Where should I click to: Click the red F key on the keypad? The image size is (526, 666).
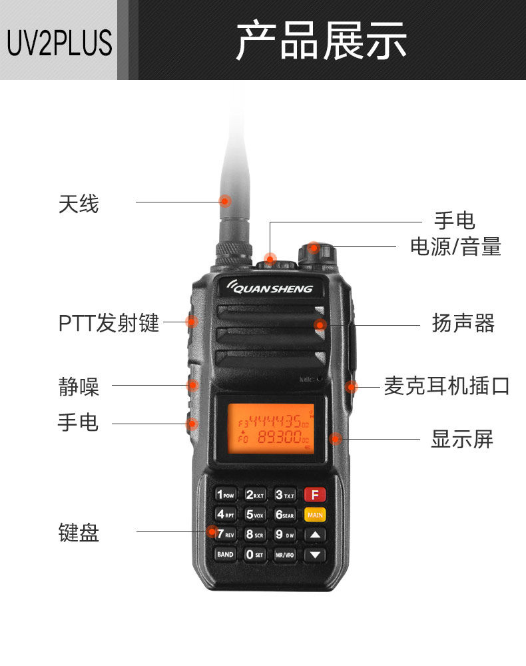click(x=315, y=495)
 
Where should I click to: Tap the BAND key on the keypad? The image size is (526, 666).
click(x=225, y=554)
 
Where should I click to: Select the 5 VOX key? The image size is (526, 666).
click(x=255, y=514)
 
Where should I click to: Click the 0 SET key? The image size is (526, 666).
click(x=255, y=554)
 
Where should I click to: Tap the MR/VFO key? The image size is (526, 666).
click(x=285, y=554)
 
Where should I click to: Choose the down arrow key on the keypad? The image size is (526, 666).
click(x=315, y=554)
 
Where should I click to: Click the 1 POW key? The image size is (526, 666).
click(x=225, y=495)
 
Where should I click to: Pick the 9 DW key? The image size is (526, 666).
click(x=285, y=534)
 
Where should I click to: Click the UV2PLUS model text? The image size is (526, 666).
click(x=59, y=41)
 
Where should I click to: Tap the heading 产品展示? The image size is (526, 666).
click(x=321, y=41)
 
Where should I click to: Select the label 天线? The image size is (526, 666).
click(x=79, y=204)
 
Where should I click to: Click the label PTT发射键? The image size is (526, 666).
click(x=109, y=323)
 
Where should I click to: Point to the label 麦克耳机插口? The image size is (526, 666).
click(x=447, y=386)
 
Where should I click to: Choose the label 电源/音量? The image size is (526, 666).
click(x=455, y=246)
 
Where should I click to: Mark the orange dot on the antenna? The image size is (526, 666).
click(x=225, y=200)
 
